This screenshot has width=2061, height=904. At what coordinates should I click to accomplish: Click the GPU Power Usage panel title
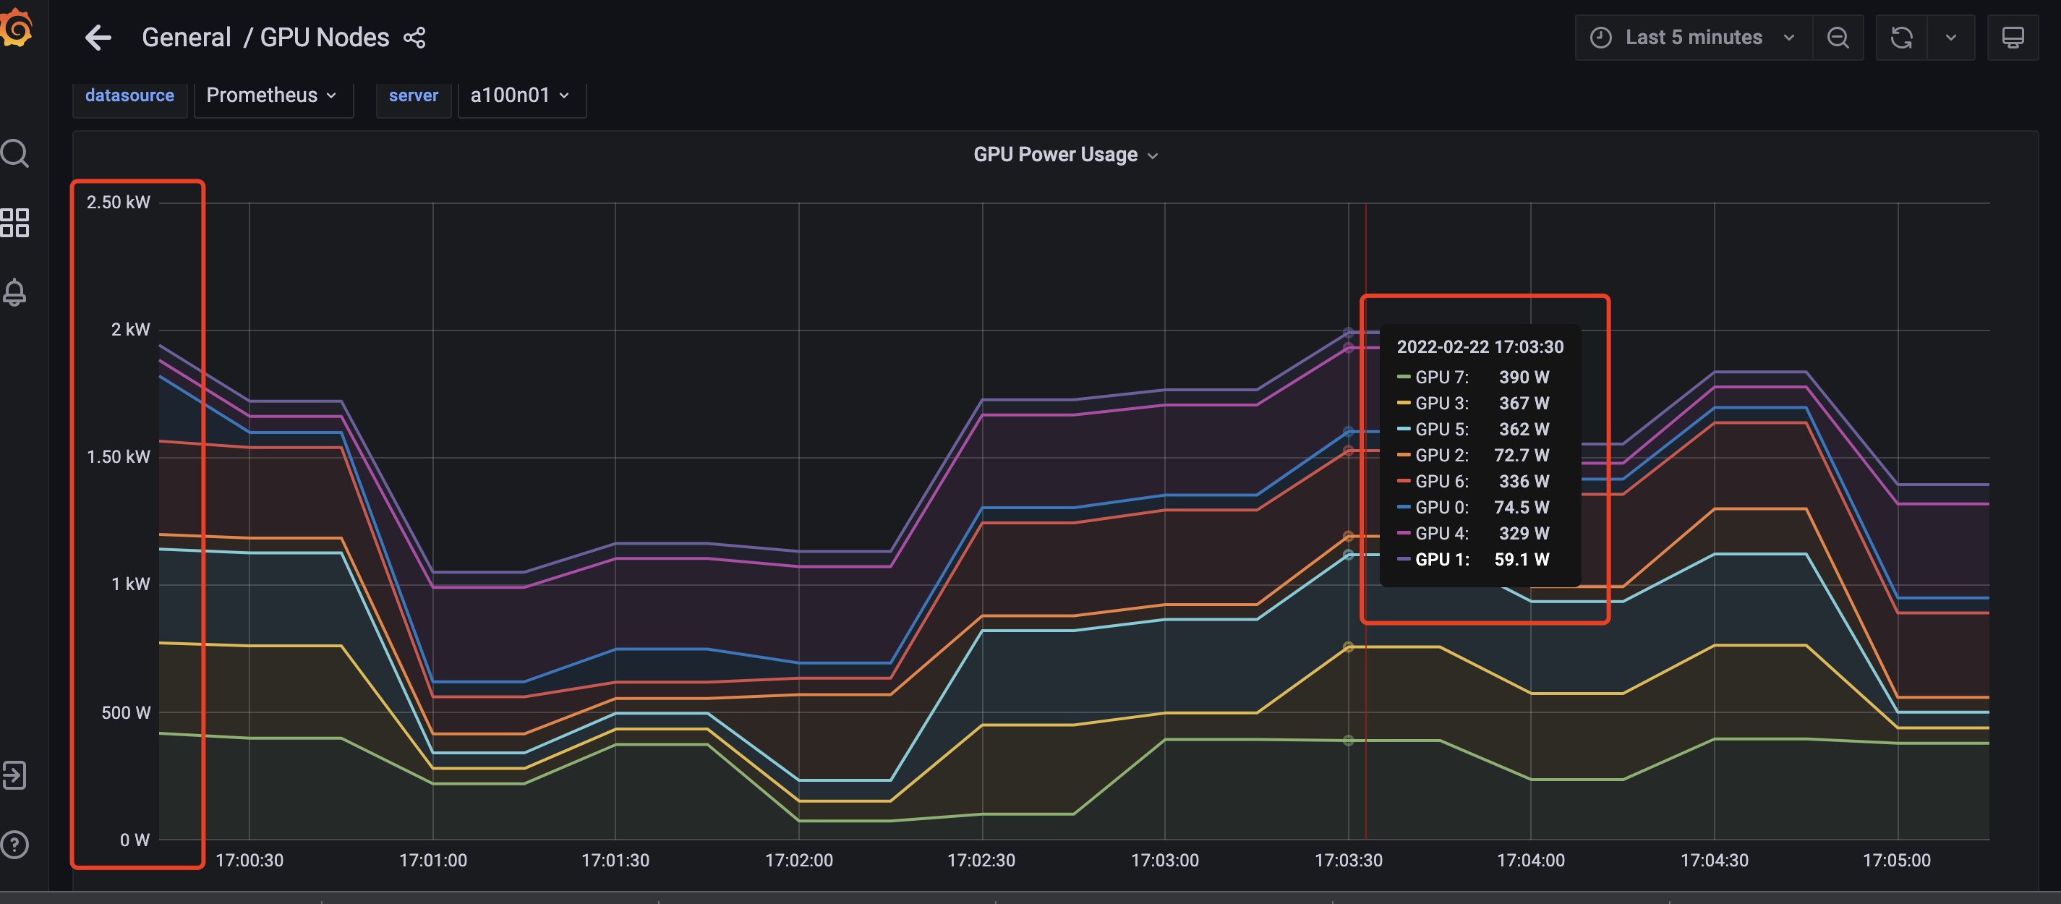pyautogui.click(x=1055, y=154)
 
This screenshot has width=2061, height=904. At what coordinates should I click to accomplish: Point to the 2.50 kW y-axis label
pyautogui.click(x=119, y=202)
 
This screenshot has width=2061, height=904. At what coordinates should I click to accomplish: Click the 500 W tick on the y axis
pyautogui.click(x=126, y=713)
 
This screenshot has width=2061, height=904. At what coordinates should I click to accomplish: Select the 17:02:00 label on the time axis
pyautogui.click(x=798, y=860)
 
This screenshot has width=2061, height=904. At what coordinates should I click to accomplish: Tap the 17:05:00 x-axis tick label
pyautogui.click(x=1896, y=860)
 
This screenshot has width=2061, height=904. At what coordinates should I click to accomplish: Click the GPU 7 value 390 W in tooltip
pyautogui.click(x=1524, y=377)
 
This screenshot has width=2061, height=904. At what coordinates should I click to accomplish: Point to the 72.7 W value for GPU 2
pyautogui.click(x=1521, y=455)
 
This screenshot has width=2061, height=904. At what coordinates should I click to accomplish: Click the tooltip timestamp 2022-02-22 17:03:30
pyautogui.click(x=1480, y=346)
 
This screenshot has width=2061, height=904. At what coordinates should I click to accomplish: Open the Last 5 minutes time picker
pyautogui.click(x=1693, y=38)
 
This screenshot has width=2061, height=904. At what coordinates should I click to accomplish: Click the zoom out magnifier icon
pyautogui.click(x=1838, y=38)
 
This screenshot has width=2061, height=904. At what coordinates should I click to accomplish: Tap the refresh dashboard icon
pyautogui.click(x=1901, y=38)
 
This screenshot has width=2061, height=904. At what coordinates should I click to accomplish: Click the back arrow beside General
pyautogui.click(x=98, y=38)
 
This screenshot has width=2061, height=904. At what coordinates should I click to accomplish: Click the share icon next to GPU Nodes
pyautogui.click(x=414, y=38)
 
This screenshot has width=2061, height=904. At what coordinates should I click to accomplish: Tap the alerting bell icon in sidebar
pyautogui.click(x=14, y=292)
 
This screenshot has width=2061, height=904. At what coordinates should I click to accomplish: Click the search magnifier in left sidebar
pyautogui.click(x=14, y=153)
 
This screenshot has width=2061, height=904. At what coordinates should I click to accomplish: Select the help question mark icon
pyautogui.click(x=14, y=844)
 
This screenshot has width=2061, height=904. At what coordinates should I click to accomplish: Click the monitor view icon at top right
pyautogui.click(x=2013, y=38)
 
